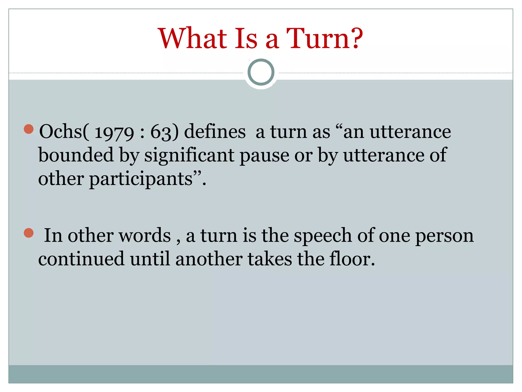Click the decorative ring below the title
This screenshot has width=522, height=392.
261,72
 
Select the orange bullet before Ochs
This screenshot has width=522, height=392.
29,129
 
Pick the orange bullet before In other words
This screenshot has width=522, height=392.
29,233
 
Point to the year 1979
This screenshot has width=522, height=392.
114,133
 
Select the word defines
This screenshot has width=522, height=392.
215,132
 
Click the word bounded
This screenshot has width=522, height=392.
76,155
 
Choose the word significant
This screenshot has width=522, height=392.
189,155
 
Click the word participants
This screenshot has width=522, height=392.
141,179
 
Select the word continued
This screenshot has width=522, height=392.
81,259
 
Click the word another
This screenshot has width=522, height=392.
209,259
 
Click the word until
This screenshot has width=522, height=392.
150,259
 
